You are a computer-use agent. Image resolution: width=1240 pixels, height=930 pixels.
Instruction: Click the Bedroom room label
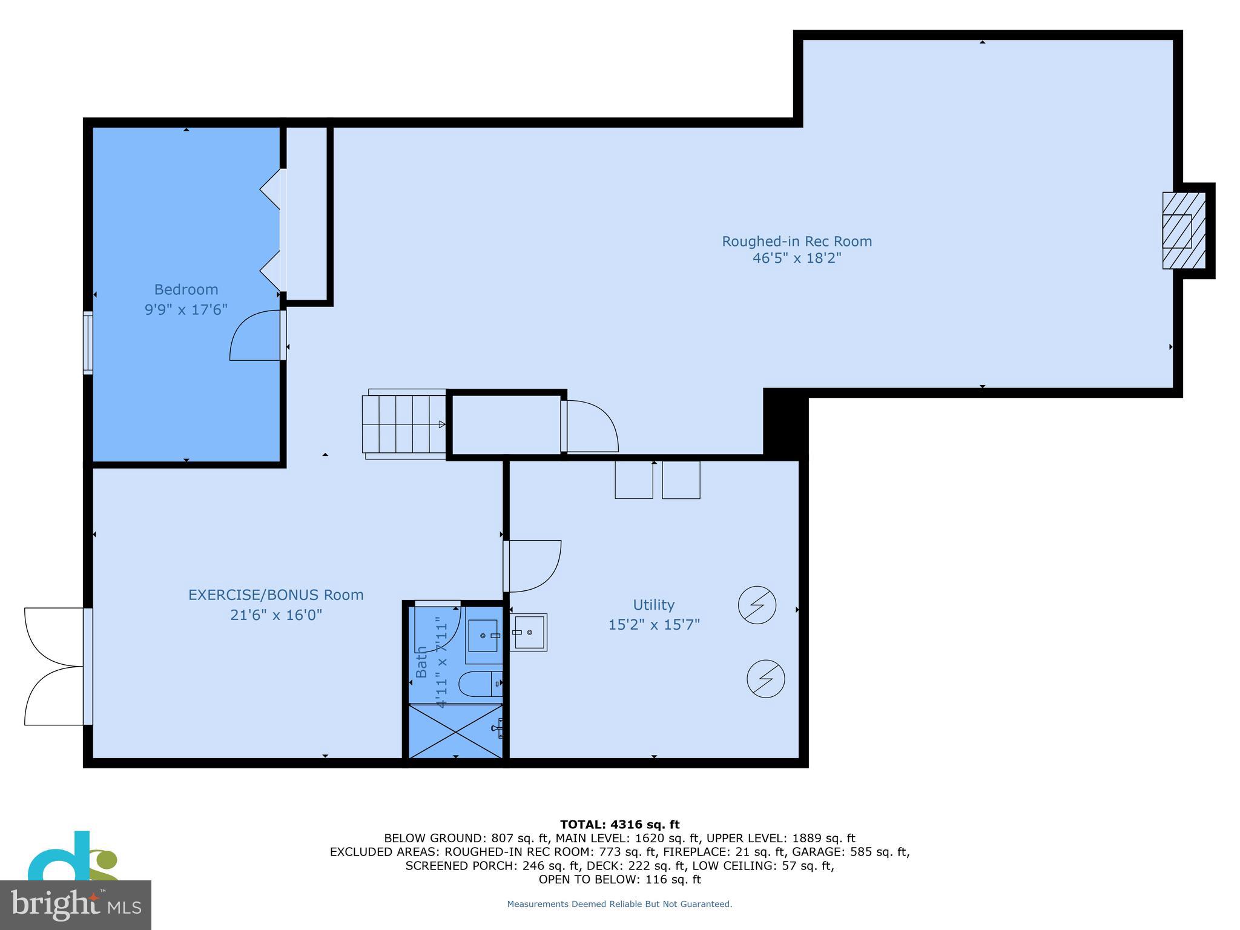click(186, 289)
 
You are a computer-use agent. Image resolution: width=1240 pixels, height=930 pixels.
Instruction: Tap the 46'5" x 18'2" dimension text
click(797, 259)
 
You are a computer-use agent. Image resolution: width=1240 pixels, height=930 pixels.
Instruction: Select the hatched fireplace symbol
click(1183, 231)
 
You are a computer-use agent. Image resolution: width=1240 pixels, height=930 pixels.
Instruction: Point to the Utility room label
click(653, 605)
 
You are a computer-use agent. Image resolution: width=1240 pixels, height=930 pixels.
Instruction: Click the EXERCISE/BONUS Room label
click(275, 595)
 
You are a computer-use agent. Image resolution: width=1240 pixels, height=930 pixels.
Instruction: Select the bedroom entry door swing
click(256, 337)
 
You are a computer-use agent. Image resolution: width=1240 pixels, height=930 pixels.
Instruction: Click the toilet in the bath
click(480, 684)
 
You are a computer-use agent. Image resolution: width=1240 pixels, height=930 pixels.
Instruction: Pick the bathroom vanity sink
click(483, 636)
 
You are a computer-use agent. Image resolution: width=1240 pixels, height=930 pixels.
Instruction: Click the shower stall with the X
click(455, 731)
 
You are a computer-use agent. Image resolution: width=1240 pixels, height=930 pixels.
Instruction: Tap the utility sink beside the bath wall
click(529, 632)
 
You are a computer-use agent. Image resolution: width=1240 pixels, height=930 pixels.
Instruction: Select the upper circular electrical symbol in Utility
click(757, 605)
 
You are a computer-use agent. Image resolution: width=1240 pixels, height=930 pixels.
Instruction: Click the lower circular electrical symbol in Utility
click(765, 679)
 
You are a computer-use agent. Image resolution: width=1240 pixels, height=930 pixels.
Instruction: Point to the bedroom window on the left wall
click(88, 343)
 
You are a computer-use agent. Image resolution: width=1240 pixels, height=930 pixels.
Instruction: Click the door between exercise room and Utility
click(533, 566)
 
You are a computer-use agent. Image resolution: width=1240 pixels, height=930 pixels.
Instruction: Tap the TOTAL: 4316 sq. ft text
click(619, 824)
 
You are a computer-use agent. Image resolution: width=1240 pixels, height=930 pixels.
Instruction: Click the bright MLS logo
click(75, 904)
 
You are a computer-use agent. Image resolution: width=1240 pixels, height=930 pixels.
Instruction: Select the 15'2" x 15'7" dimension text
click(654, 624)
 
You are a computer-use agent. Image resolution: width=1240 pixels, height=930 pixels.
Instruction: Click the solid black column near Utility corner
click(785, 423)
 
